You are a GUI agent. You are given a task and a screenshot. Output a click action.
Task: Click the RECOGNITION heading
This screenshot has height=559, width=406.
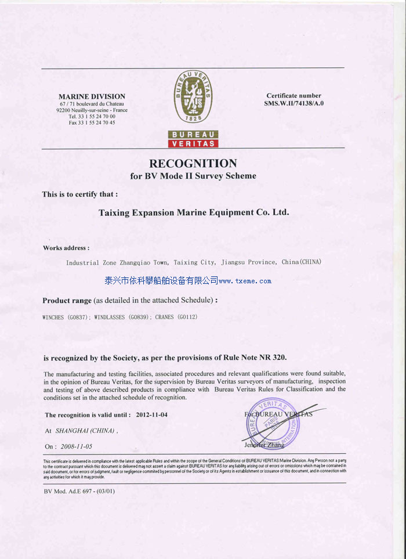[193, 163]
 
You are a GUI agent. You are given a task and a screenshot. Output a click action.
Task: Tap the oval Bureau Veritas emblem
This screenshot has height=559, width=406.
[193, 97]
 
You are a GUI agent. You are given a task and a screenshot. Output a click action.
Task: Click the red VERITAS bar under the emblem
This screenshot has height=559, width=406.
[193, 143]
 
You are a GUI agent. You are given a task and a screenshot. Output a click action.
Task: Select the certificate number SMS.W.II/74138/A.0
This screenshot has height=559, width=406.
[293, 103]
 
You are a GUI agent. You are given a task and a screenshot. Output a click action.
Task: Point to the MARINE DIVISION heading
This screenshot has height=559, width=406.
[92, 96]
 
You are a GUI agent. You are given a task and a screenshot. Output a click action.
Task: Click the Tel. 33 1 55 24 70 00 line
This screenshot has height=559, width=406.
[92, 116]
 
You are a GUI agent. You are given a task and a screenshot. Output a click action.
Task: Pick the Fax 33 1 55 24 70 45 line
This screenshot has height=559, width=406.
[92, 122]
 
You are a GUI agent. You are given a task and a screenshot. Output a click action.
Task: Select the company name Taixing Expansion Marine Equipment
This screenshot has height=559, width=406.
[194, 212]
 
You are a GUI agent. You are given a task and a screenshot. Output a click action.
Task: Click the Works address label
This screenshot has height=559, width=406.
[66, 248]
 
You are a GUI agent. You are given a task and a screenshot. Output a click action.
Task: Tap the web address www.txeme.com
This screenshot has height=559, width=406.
[245, 281]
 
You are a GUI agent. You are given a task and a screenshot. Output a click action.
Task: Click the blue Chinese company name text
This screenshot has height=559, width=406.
[161, 281]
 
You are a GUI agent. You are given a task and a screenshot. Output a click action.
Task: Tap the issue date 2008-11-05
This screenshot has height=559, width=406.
[76, 446]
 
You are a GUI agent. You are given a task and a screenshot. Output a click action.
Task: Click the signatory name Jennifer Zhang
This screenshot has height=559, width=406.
[264, 445]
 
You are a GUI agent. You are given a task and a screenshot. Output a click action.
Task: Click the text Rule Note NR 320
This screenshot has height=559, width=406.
[255, 357]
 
